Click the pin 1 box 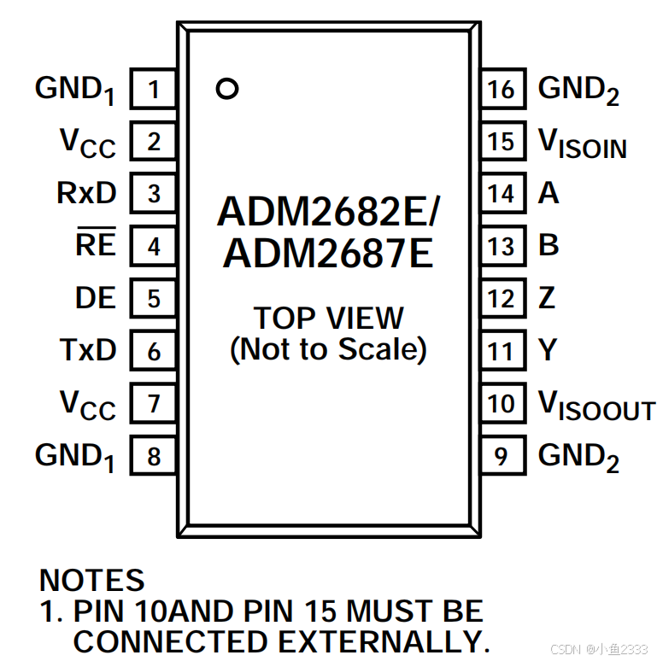pos(154,89)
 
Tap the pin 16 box pos(502,89)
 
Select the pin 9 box pos(502,455)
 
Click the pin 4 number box pos(154,247)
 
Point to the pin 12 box pos(502,299)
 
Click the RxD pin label pos(86,194)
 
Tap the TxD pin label pos(88,350)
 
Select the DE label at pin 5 pos(96,298)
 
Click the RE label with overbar pos(96,245)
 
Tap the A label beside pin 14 pos(548,194)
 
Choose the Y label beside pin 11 pos(548,350)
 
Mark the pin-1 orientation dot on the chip pos(226,89)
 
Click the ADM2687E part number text pos(329,254)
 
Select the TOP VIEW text pos(329,318)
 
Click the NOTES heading pos(92,582)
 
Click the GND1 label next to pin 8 pos(75,457)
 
